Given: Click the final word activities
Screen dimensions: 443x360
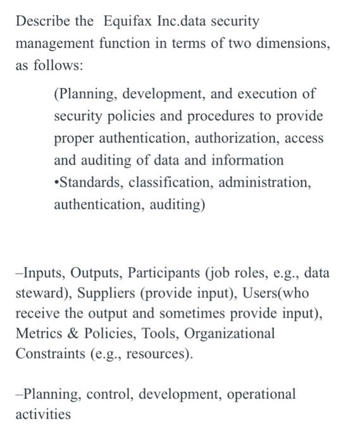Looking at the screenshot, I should pos(42,416).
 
